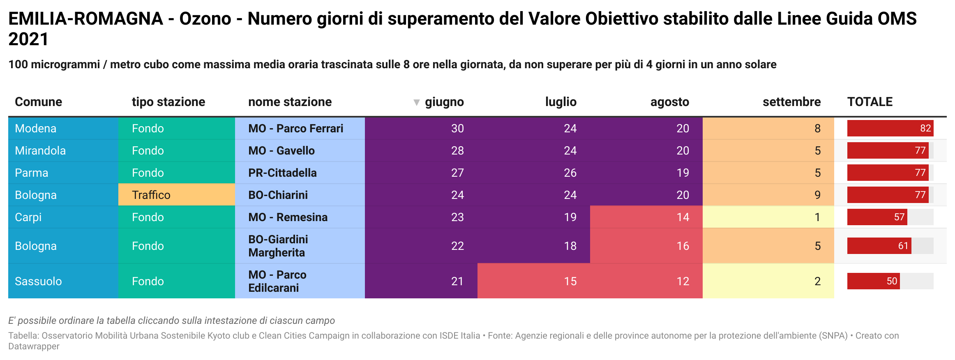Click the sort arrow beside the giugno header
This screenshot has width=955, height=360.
[x=416, y=102]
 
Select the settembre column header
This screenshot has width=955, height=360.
[x=791, y=102]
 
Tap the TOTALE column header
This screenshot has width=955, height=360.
[x=870, y=102]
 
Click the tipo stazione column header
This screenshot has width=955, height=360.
[x=168, y=102]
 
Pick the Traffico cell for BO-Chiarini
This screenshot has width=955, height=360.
[x=151, y=195]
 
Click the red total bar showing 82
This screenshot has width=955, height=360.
[x=890, y=128]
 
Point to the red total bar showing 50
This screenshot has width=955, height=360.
[x=873, y=281]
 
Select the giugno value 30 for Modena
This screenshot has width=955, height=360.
[x=457, y=129]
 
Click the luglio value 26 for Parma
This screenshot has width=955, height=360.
[x=570, y=173]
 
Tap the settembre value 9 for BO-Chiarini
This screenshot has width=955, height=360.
[x=817, y=195]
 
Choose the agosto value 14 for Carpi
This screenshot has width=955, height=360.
[x=683, y=217]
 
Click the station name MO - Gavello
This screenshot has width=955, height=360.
[x=281, y=151]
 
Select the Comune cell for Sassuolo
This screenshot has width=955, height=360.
[x=38, y=282]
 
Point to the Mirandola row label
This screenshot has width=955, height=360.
[x=40, y=151]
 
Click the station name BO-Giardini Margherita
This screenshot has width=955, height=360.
[x=278, y=246]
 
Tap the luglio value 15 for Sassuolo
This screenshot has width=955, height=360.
[x=570, y=282]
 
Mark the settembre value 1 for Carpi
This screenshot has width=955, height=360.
[x=817, y=217]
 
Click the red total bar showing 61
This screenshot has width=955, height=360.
[x=879, y=246]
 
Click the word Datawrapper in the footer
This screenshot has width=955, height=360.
[x=34, y=346]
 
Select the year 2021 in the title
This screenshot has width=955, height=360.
[x=28, y=39]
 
